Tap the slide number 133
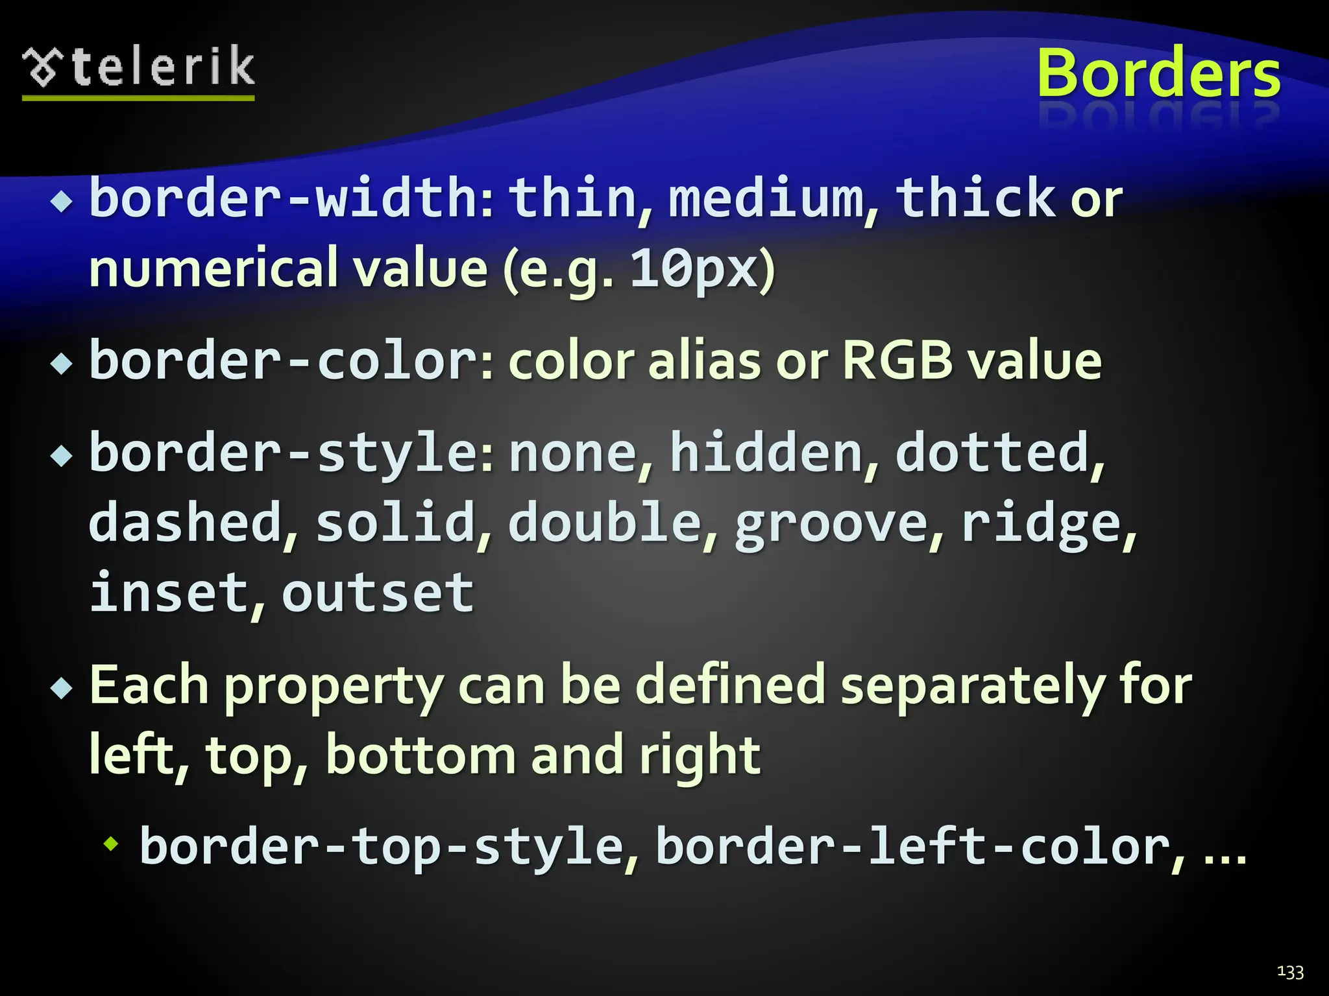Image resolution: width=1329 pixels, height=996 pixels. coord(1290,972)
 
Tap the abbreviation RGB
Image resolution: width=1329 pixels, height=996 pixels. coord(897,361)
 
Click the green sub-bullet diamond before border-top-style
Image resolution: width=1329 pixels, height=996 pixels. coord(112,844)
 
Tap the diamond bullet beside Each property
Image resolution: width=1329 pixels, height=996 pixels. coord(62,687)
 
